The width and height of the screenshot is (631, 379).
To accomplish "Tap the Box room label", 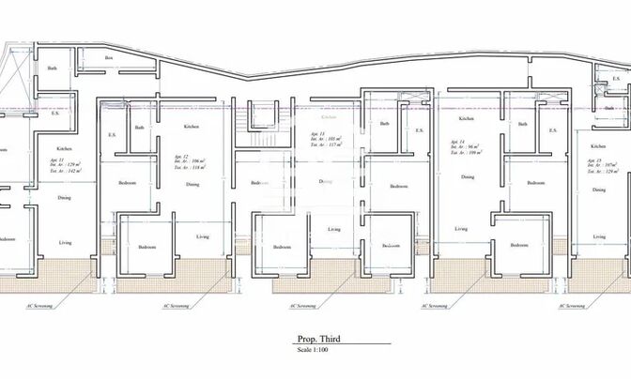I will [109, 58].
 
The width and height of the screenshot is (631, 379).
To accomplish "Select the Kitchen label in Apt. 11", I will [64, 148].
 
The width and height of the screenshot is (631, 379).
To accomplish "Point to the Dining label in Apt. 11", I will [64, 198].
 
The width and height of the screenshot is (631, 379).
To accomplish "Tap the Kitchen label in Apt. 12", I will [192, 127].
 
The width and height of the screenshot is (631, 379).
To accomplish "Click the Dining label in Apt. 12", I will [192, 184].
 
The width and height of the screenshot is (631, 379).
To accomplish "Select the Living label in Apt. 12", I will [202, 236].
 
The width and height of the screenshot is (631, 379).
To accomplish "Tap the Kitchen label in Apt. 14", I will [466, 119].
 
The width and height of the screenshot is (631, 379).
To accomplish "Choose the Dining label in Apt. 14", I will [466, 175].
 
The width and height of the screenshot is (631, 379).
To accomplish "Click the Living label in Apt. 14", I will [460, 228].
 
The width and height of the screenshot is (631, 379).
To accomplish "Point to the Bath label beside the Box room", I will [54, 68].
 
